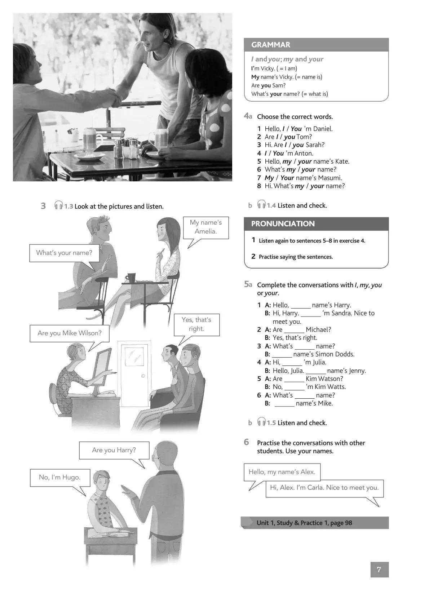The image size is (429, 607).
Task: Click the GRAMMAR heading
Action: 271,45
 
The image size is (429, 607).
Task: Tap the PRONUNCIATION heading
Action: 283,223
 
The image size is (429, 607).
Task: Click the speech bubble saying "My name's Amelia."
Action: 205,227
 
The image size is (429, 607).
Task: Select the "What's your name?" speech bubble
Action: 64,253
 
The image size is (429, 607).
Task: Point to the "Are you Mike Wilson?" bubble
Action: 70,333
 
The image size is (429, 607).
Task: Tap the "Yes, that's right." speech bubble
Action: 196,324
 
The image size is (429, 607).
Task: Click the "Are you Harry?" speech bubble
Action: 114,450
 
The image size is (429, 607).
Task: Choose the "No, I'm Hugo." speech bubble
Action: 60,477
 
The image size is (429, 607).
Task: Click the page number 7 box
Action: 379,570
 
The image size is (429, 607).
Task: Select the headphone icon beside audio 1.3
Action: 58,206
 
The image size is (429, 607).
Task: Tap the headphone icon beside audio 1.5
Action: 261,422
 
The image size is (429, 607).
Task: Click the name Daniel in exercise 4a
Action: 323,129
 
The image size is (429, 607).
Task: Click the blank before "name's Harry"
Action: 300,306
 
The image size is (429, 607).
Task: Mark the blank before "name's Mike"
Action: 284,404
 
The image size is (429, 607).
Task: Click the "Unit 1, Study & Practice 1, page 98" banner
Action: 315,523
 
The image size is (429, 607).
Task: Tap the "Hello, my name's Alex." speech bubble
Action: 282,472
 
